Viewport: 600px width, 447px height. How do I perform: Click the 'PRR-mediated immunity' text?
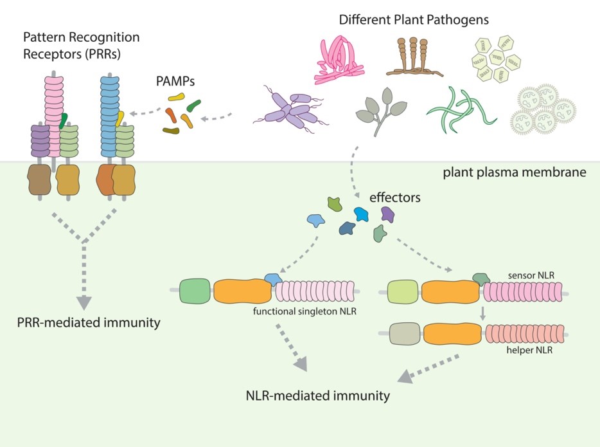coord(88,322)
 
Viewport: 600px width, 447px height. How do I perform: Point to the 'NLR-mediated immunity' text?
coord(317,396)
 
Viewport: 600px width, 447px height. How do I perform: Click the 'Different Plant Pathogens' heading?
coord(414,20)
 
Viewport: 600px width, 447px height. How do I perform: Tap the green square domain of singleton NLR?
coord(195,291)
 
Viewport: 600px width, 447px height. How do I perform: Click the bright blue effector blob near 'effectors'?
coord(362,214)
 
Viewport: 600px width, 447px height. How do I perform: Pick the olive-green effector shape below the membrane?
coord(335,205)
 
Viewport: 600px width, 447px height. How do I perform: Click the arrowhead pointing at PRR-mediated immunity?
coord(84,302)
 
